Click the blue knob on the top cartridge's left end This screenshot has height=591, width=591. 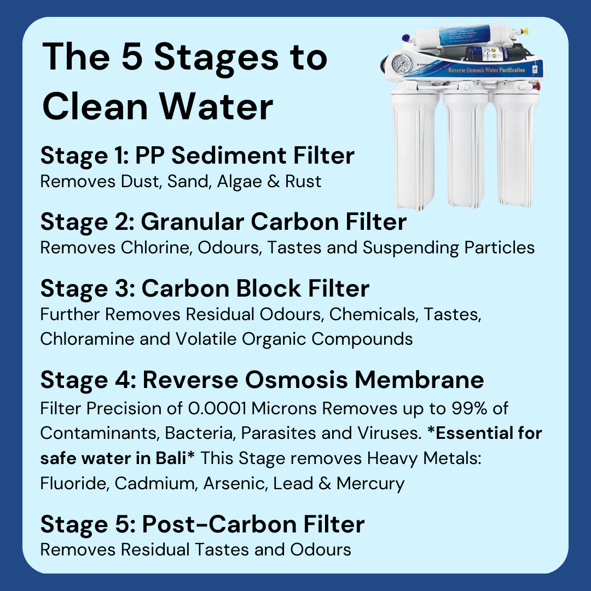(405, 38)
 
